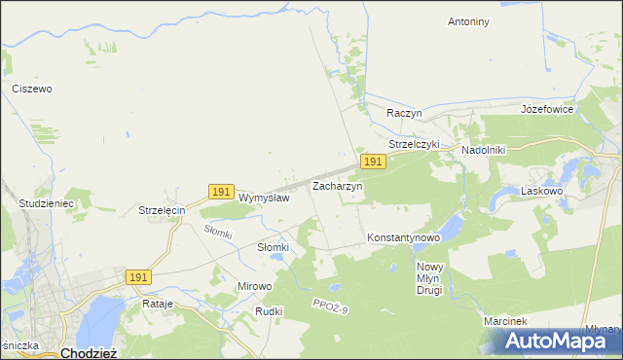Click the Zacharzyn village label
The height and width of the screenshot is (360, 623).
click(337, 185)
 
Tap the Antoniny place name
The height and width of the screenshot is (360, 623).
click(468, 21)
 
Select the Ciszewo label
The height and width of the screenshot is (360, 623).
click(32, 89)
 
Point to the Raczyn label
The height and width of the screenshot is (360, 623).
click(404, 113)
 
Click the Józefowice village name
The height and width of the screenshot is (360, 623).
click(548, 109)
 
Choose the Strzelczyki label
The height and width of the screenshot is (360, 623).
click(415, 144)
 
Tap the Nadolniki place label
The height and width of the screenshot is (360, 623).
click(490, 151)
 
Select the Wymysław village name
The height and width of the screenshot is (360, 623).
click(264, 198)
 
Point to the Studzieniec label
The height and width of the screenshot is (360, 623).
click(46, 203)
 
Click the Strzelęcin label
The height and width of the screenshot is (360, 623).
click(162, 210)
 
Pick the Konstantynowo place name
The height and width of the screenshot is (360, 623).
click(404, 237)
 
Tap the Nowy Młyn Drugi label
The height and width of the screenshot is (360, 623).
click(429, 278)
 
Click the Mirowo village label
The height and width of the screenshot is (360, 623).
click(255, 287)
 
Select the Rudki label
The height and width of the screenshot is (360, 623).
click(269, 311)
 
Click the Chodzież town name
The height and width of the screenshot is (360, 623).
click(89, 352)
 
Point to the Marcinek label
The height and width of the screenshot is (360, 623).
click(504, 321)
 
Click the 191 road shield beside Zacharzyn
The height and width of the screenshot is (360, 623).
click(371, 161)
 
